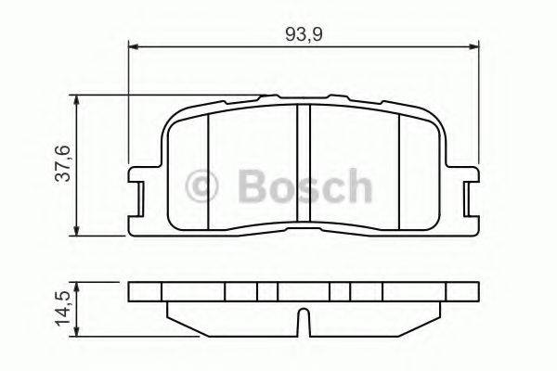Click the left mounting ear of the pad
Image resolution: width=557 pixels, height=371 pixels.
coord(139,196)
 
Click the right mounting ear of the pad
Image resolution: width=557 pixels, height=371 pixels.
coord(469,196)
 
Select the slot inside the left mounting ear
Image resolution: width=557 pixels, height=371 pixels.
coord(140,196)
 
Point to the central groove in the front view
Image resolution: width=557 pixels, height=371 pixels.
coord(303,167)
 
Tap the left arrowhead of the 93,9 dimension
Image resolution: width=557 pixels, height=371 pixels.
coord(133,44)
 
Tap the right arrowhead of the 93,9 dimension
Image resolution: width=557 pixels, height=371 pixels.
coord(474,44)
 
